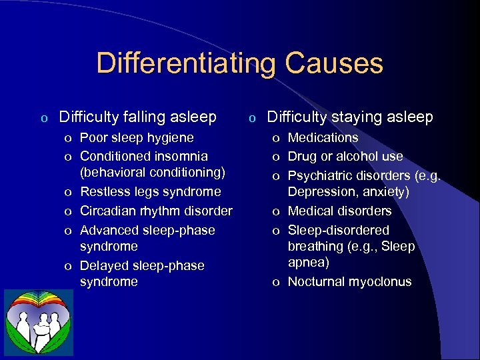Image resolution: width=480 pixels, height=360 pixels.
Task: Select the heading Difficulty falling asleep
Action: click(x=137, y=117)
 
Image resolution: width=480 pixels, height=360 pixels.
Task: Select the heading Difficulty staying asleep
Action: click(x=350, y=117)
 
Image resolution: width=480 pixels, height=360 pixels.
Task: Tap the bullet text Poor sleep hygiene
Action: click(x=137, y=138)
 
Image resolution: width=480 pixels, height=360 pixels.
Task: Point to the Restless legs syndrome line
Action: click(x=150, y=192)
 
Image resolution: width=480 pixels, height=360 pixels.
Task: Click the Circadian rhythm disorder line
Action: click(x=156, y=211)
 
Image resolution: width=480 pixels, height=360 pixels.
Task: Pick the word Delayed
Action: click(x=104, y=265)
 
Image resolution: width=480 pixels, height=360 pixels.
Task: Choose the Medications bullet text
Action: click(x=323, y=138)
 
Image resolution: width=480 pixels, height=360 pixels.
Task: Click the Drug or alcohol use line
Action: click(x=345, y=157)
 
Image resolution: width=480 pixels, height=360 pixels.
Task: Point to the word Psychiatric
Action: click(x=321, y=176)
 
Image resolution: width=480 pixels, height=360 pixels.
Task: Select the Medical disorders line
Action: click(x=339, y=211)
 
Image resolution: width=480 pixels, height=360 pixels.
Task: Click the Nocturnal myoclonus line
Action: click(x=349, y=282)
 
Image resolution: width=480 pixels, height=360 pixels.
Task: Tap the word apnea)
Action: click(x=308, y=263)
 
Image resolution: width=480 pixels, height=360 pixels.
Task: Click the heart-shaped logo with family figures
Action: click(x=39, y=322)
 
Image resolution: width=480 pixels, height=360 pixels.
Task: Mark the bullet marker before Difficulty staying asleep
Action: click(x=252, y=119)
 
